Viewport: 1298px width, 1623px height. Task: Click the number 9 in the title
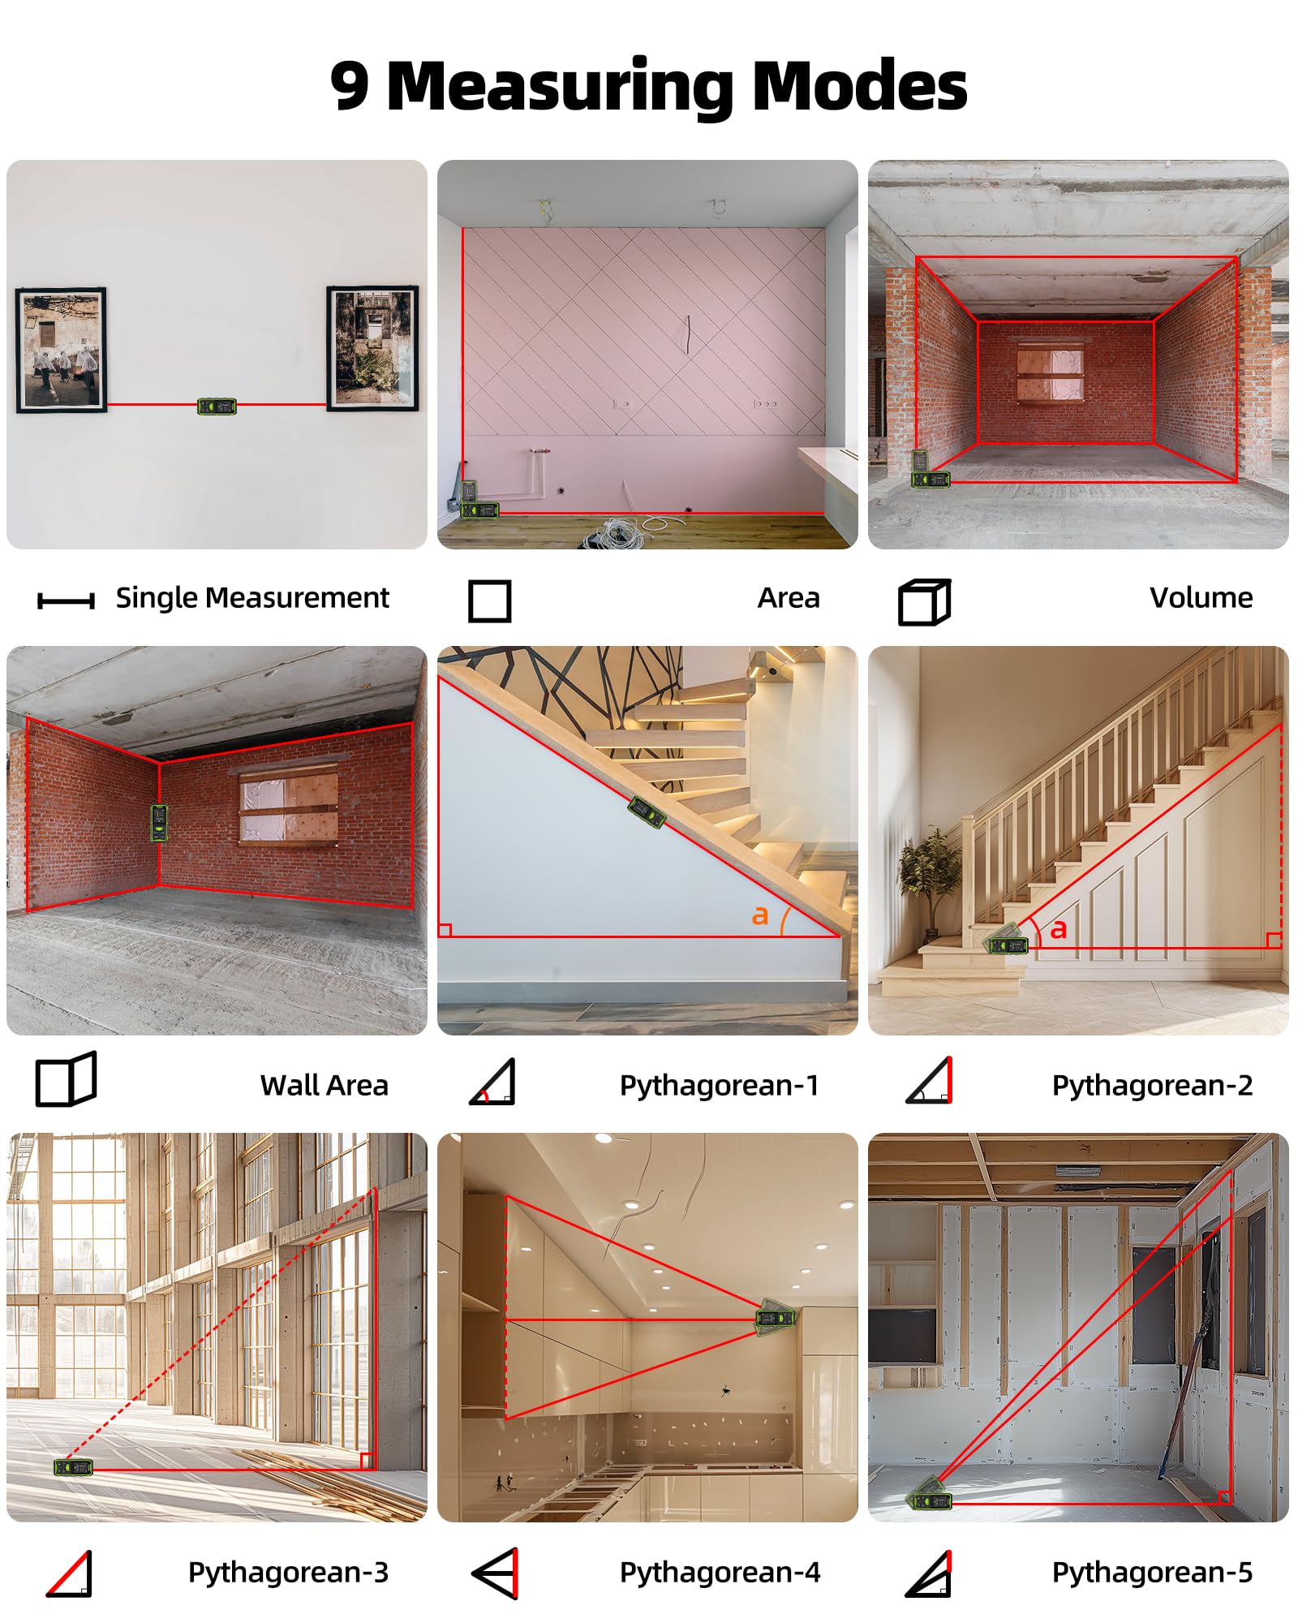[350, 86]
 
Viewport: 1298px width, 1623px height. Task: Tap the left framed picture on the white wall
[62, 350]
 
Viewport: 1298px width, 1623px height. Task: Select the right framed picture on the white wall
[372, 348]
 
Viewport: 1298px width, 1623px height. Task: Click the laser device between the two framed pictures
[217, 406]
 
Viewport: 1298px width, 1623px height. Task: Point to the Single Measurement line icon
[66, 601]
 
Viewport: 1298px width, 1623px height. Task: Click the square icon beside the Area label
[490, 601]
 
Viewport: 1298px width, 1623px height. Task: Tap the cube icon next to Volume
[925, 602]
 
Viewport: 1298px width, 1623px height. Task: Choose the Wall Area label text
[324, 1085]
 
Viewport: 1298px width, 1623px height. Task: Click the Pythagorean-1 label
[720, 1085]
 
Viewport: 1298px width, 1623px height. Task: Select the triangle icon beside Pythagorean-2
[930, 1080]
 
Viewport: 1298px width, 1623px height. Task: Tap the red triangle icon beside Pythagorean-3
[70, 1573]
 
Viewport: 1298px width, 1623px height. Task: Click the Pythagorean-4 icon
[495, 1573]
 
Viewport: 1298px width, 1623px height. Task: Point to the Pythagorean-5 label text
[1153, 1572]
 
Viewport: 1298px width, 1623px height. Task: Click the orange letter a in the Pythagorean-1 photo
[759, 915]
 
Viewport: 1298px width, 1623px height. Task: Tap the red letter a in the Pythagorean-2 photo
[1058, 929]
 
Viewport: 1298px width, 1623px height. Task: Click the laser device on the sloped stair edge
[647, 812]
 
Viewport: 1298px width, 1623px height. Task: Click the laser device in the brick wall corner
[160, 822]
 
